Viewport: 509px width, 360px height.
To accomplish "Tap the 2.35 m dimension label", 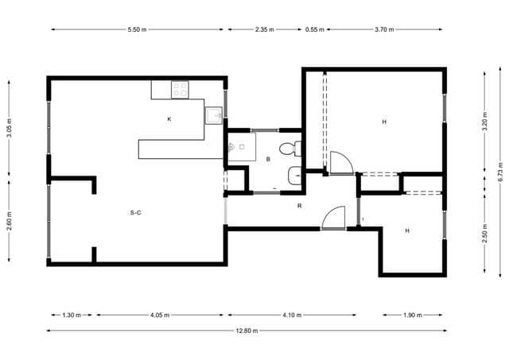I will pyautogui.click(x=264, y=29).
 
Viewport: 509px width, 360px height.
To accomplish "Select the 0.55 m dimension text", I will pyautogui.click(x=315, y=29).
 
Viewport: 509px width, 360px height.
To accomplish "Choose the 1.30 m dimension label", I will pyautogui.click(x=72, y=315).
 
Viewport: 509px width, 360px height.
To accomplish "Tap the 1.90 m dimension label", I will pyautogui.click(x=413, y=315).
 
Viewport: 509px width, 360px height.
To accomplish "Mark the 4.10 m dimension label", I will pyautogui.click(x=292, y=315).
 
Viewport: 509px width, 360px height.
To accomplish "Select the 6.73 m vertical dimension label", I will pyautogui.click(x=500, y=172).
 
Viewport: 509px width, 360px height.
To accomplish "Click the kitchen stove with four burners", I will pyautogui.click(x=181, y=90).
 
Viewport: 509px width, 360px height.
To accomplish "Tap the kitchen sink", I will pyautogui.click(x=214, y=117).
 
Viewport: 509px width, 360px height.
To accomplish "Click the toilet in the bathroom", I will pyautogui.click(x=289, y=148).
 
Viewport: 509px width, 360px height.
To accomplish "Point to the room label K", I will pyautogui.click(x=169, y=119).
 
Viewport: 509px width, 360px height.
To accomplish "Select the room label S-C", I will pyautogui.click(x=135, y=212).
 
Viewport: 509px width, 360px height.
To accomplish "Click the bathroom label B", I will pyautogui.click(x=269, y=159).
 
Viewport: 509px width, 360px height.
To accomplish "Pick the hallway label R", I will pyautogui.click(x=299, y=206).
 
